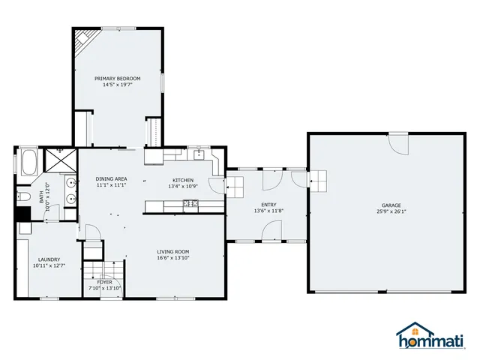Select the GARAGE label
391,205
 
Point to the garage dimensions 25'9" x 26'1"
391,211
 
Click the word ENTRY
268,205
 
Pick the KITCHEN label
183,180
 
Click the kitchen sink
198,155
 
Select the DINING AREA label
111,178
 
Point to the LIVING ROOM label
172,251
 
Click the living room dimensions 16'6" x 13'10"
172,258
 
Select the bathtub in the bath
30,162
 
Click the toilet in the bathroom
23,197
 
